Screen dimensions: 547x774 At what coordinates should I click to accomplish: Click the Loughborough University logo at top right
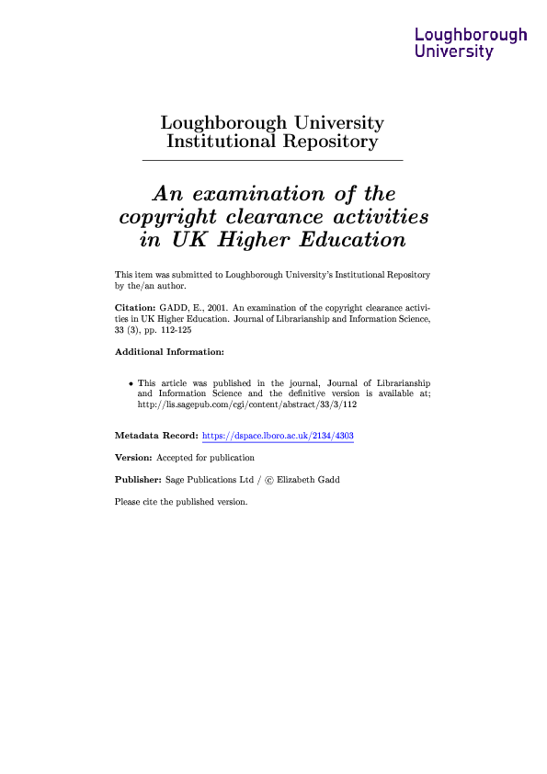click(x=471, y=43)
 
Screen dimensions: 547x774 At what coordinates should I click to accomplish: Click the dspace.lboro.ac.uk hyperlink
click(x=278, y=436)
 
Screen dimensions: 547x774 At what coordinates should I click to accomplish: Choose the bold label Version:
click(x=133, y=458)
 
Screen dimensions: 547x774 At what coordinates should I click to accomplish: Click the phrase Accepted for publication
click(x=206, y=458)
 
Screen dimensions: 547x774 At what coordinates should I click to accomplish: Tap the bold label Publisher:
click(x=138, y=480)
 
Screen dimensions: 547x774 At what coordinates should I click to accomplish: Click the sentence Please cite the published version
click(x=181, y=502)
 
